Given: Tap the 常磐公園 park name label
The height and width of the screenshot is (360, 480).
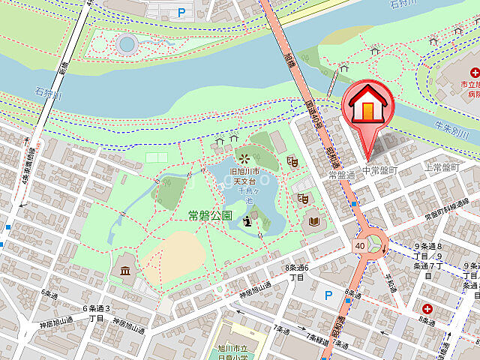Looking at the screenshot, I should point(211,215).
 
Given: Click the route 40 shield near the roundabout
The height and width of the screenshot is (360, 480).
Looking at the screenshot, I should point(360,244).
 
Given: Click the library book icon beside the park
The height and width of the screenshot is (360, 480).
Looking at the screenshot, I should point(312,221).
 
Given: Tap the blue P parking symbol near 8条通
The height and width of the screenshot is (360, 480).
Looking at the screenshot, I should point(327,295).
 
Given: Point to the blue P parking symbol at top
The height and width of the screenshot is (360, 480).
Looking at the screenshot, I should point(181,12).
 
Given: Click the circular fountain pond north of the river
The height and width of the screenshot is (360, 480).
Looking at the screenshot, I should point(127,44).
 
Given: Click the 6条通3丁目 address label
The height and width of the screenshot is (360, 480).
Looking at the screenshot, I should point(96,313).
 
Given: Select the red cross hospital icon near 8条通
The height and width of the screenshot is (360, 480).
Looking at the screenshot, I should point(427,308).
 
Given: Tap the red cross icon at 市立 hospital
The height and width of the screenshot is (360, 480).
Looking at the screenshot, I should point(475,73).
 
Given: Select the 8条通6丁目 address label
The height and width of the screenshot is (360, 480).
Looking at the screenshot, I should point(296,272).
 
